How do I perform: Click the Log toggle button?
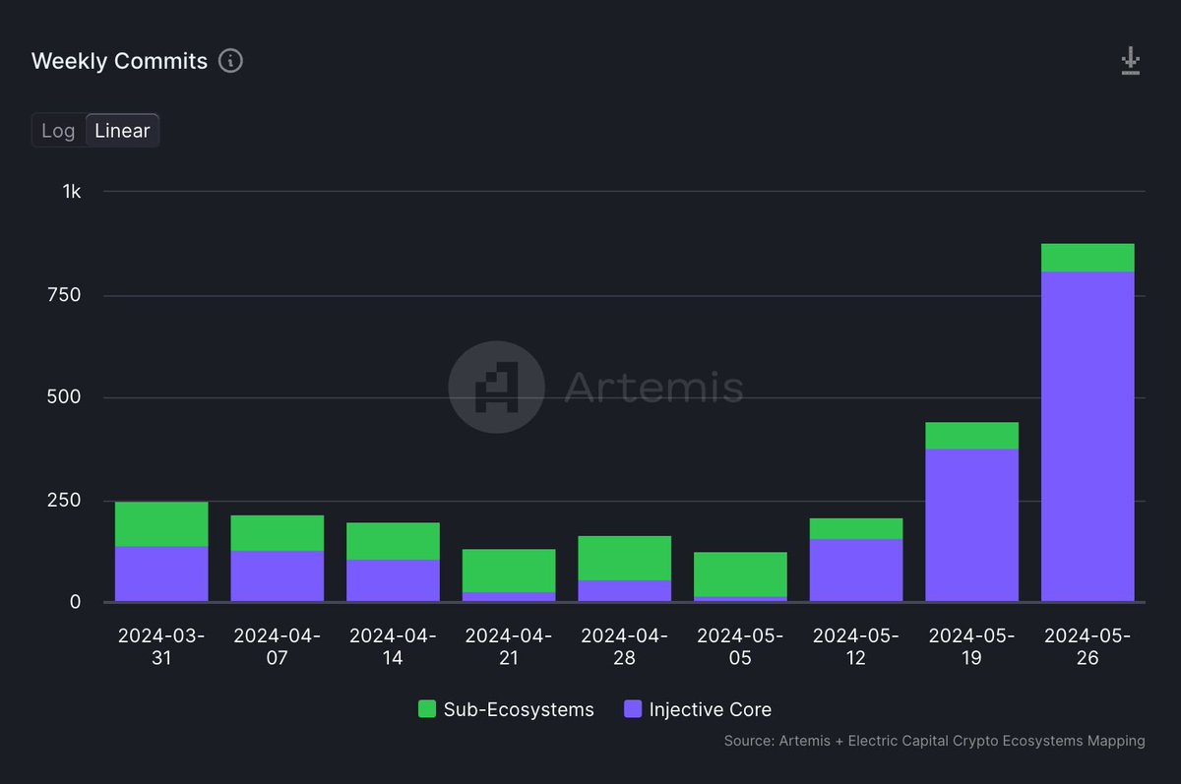click(58, 131)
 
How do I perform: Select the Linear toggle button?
click(122, 131)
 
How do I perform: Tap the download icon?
click(1130, 61)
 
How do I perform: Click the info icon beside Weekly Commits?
click(230, 61)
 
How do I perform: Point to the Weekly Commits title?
click(119, 61)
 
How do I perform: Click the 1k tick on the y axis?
click(71, 191)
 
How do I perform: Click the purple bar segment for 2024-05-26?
click(1088, 436)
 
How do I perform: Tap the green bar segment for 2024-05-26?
click(1088, 258)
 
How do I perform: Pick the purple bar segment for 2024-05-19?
click(971, 524)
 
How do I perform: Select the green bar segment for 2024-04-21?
click(509, 571)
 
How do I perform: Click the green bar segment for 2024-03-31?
click(161, 524)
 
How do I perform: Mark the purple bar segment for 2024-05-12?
click(856, 571)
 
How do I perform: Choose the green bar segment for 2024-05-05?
click(740, 574)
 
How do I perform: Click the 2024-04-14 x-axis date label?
click(393, 646)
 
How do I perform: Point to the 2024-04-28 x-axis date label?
click(624, 646)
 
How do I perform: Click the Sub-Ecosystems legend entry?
click(506, 709)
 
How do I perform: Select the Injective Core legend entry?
click(698, 709)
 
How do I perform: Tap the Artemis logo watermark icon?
click(496, 387)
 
